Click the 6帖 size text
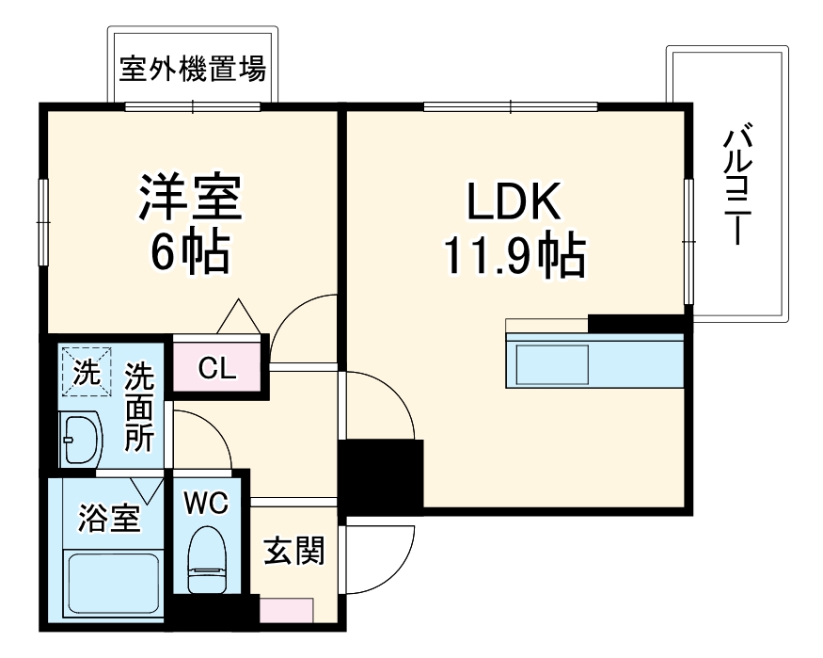click(191, 251)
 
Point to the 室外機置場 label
click(192, 69)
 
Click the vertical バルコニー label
click(736, 186)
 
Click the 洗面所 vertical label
click(140, 407)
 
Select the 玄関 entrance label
click(293, 551)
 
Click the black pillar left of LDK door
click(380, 475)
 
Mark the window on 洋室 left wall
click(43, 221)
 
